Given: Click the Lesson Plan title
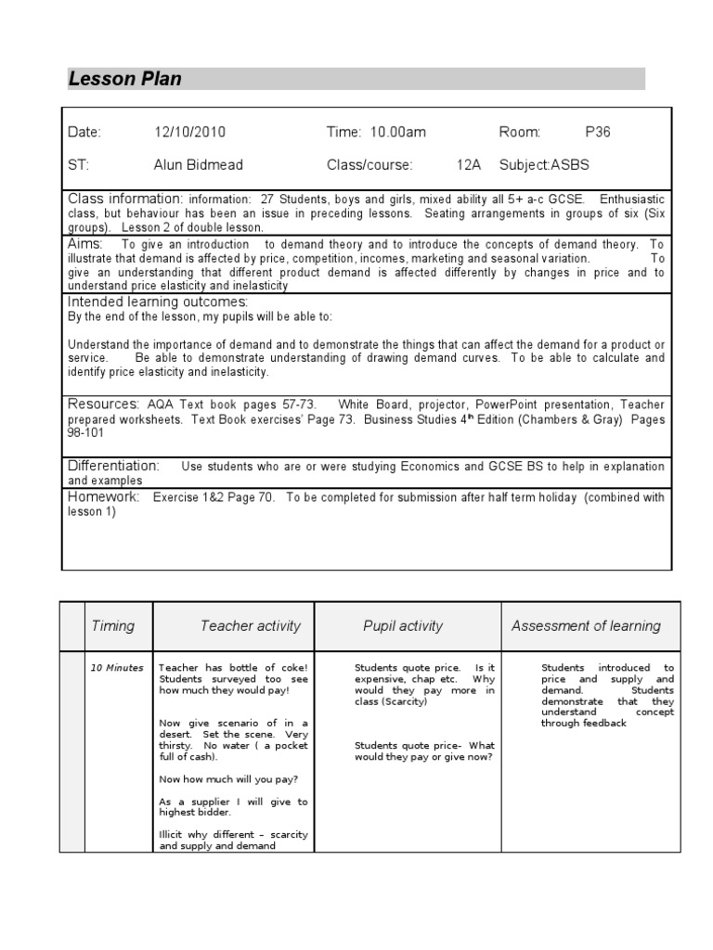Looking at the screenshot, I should (x=125, y=80).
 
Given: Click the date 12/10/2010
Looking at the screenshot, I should (x=189, y=133).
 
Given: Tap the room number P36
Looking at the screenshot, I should (x=598, y=133).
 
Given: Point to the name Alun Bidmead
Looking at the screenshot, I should (x=198, y=165).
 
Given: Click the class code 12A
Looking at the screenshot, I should (x=469, y=165).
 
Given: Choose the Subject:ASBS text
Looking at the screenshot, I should (x=544, y=165).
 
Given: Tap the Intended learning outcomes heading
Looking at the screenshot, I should (x=157, y=302).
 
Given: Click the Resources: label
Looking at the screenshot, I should (x=103, y=404).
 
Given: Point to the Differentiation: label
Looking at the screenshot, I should (x=113, y=465).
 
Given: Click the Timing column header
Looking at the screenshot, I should (x=112, y=626).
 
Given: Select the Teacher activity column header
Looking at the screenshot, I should (x=251, y=626).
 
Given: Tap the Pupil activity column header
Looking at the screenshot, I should (x=403, y=626).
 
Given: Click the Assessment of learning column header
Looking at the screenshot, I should (x=586, y=626).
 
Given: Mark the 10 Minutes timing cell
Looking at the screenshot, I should (x=117, y=668).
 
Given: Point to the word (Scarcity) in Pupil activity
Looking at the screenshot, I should (x=404, y=702).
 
